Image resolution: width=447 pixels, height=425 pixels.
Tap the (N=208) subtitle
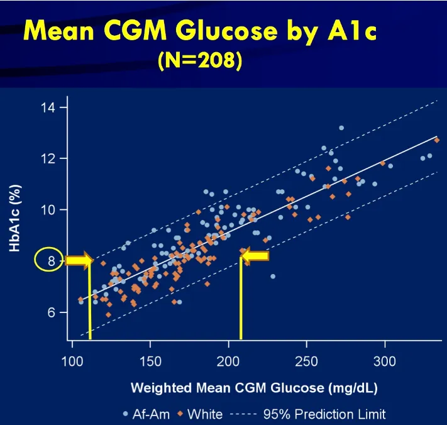(x=200, y=60)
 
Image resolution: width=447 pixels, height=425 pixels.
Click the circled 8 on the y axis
(x=49, y=260)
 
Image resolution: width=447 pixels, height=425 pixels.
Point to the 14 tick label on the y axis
(x=49, y=108)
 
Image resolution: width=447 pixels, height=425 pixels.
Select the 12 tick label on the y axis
(x=49, y=158)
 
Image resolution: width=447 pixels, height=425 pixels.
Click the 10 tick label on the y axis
(x=49, y=209)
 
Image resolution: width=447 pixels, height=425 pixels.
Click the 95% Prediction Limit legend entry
(x=314, y=414)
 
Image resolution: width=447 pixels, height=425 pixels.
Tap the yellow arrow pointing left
(x=255, y=255)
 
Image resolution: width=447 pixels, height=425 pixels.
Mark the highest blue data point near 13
(x=341, y=128)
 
